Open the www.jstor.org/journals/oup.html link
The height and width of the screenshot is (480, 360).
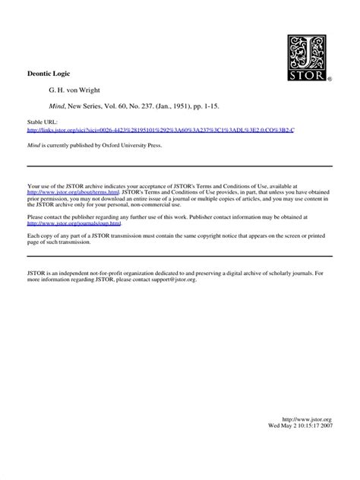pyautogui.click(x=74, y=223)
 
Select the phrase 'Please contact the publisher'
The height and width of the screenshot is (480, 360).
pyautogui.click(x=67, y=216)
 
